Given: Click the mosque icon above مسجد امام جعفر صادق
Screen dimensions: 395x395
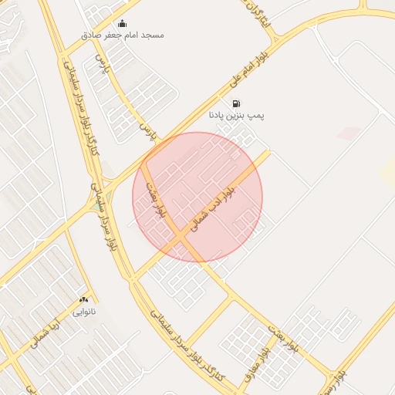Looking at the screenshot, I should point(122,23).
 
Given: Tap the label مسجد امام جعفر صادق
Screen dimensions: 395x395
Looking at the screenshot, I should point(123,35).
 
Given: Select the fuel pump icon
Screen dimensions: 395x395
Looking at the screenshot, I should point(235,103).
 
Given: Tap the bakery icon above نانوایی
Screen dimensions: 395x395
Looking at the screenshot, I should point(83,299).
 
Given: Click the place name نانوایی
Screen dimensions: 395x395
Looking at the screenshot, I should point(83,312).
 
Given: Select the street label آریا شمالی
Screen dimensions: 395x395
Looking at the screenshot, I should point(46,333).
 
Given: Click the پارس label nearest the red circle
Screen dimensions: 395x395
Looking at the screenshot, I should point(147,133).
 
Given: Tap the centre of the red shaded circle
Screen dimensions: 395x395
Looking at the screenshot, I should point(197,197).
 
